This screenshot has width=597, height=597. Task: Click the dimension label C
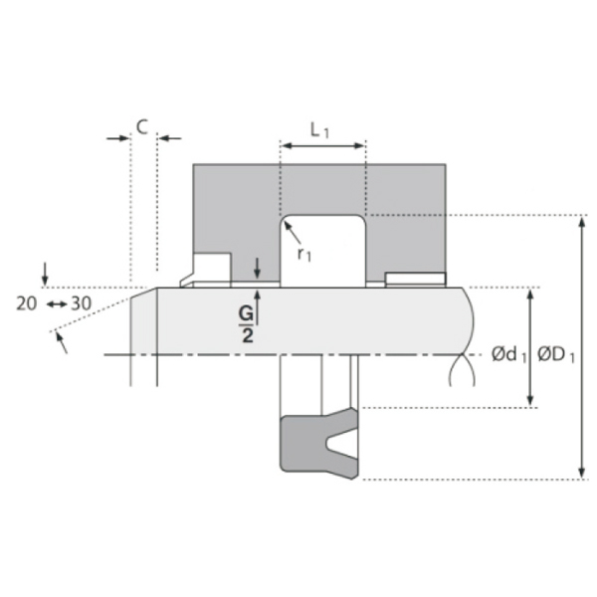[142, 127]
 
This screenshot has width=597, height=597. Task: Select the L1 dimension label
[319, 130]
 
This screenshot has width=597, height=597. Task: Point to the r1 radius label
[303, 254]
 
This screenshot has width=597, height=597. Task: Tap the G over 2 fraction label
[247, 324]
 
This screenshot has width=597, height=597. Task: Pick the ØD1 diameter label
[555, 355]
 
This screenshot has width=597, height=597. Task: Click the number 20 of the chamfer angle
[26, 303]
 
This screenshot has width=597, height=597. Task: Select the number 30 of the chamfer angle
[82, 303]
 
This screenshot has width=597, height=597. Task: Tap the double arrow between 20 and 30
[57, 304]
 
